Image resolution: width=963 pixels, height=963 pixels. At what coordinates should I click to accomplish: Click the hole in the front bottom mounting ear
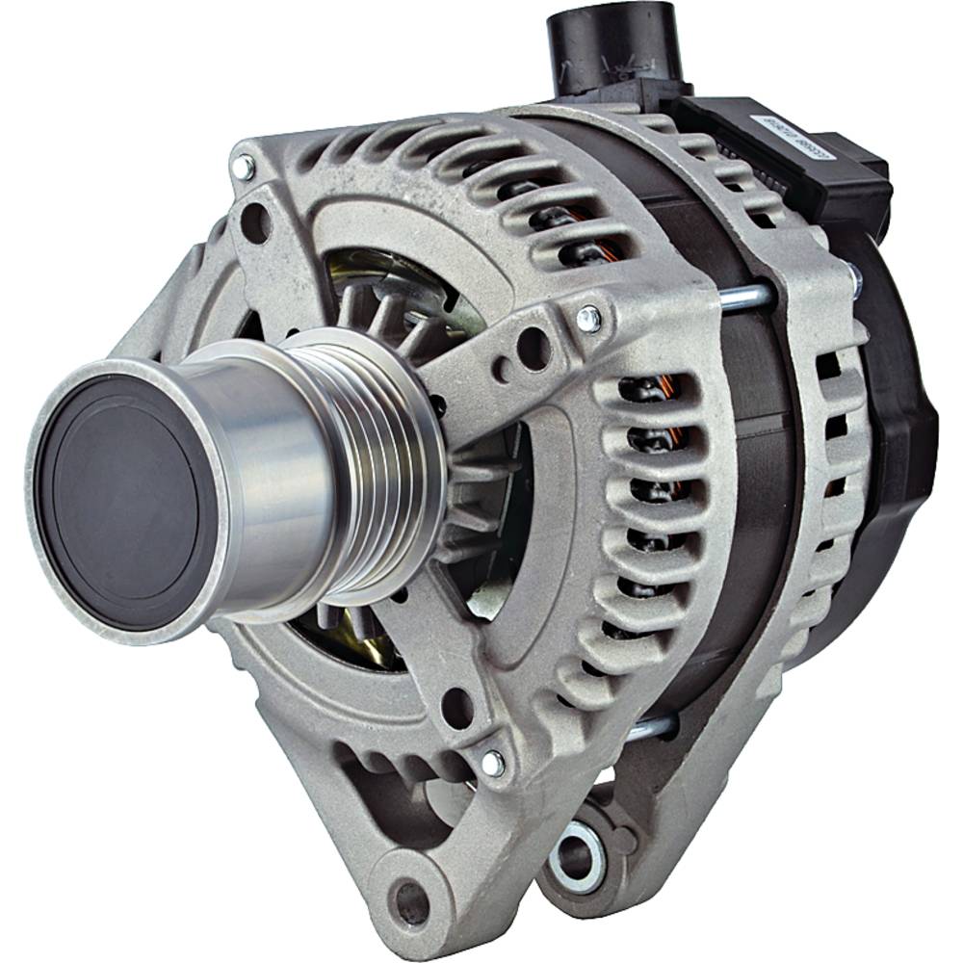coord(412,901)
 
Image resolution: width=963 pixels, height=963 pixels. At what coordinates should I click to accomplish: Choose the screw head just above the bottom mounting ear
coord(492,763)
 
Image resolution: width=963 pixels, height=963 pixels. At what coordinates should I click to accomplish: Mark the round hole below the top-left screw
coord(255,223)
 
